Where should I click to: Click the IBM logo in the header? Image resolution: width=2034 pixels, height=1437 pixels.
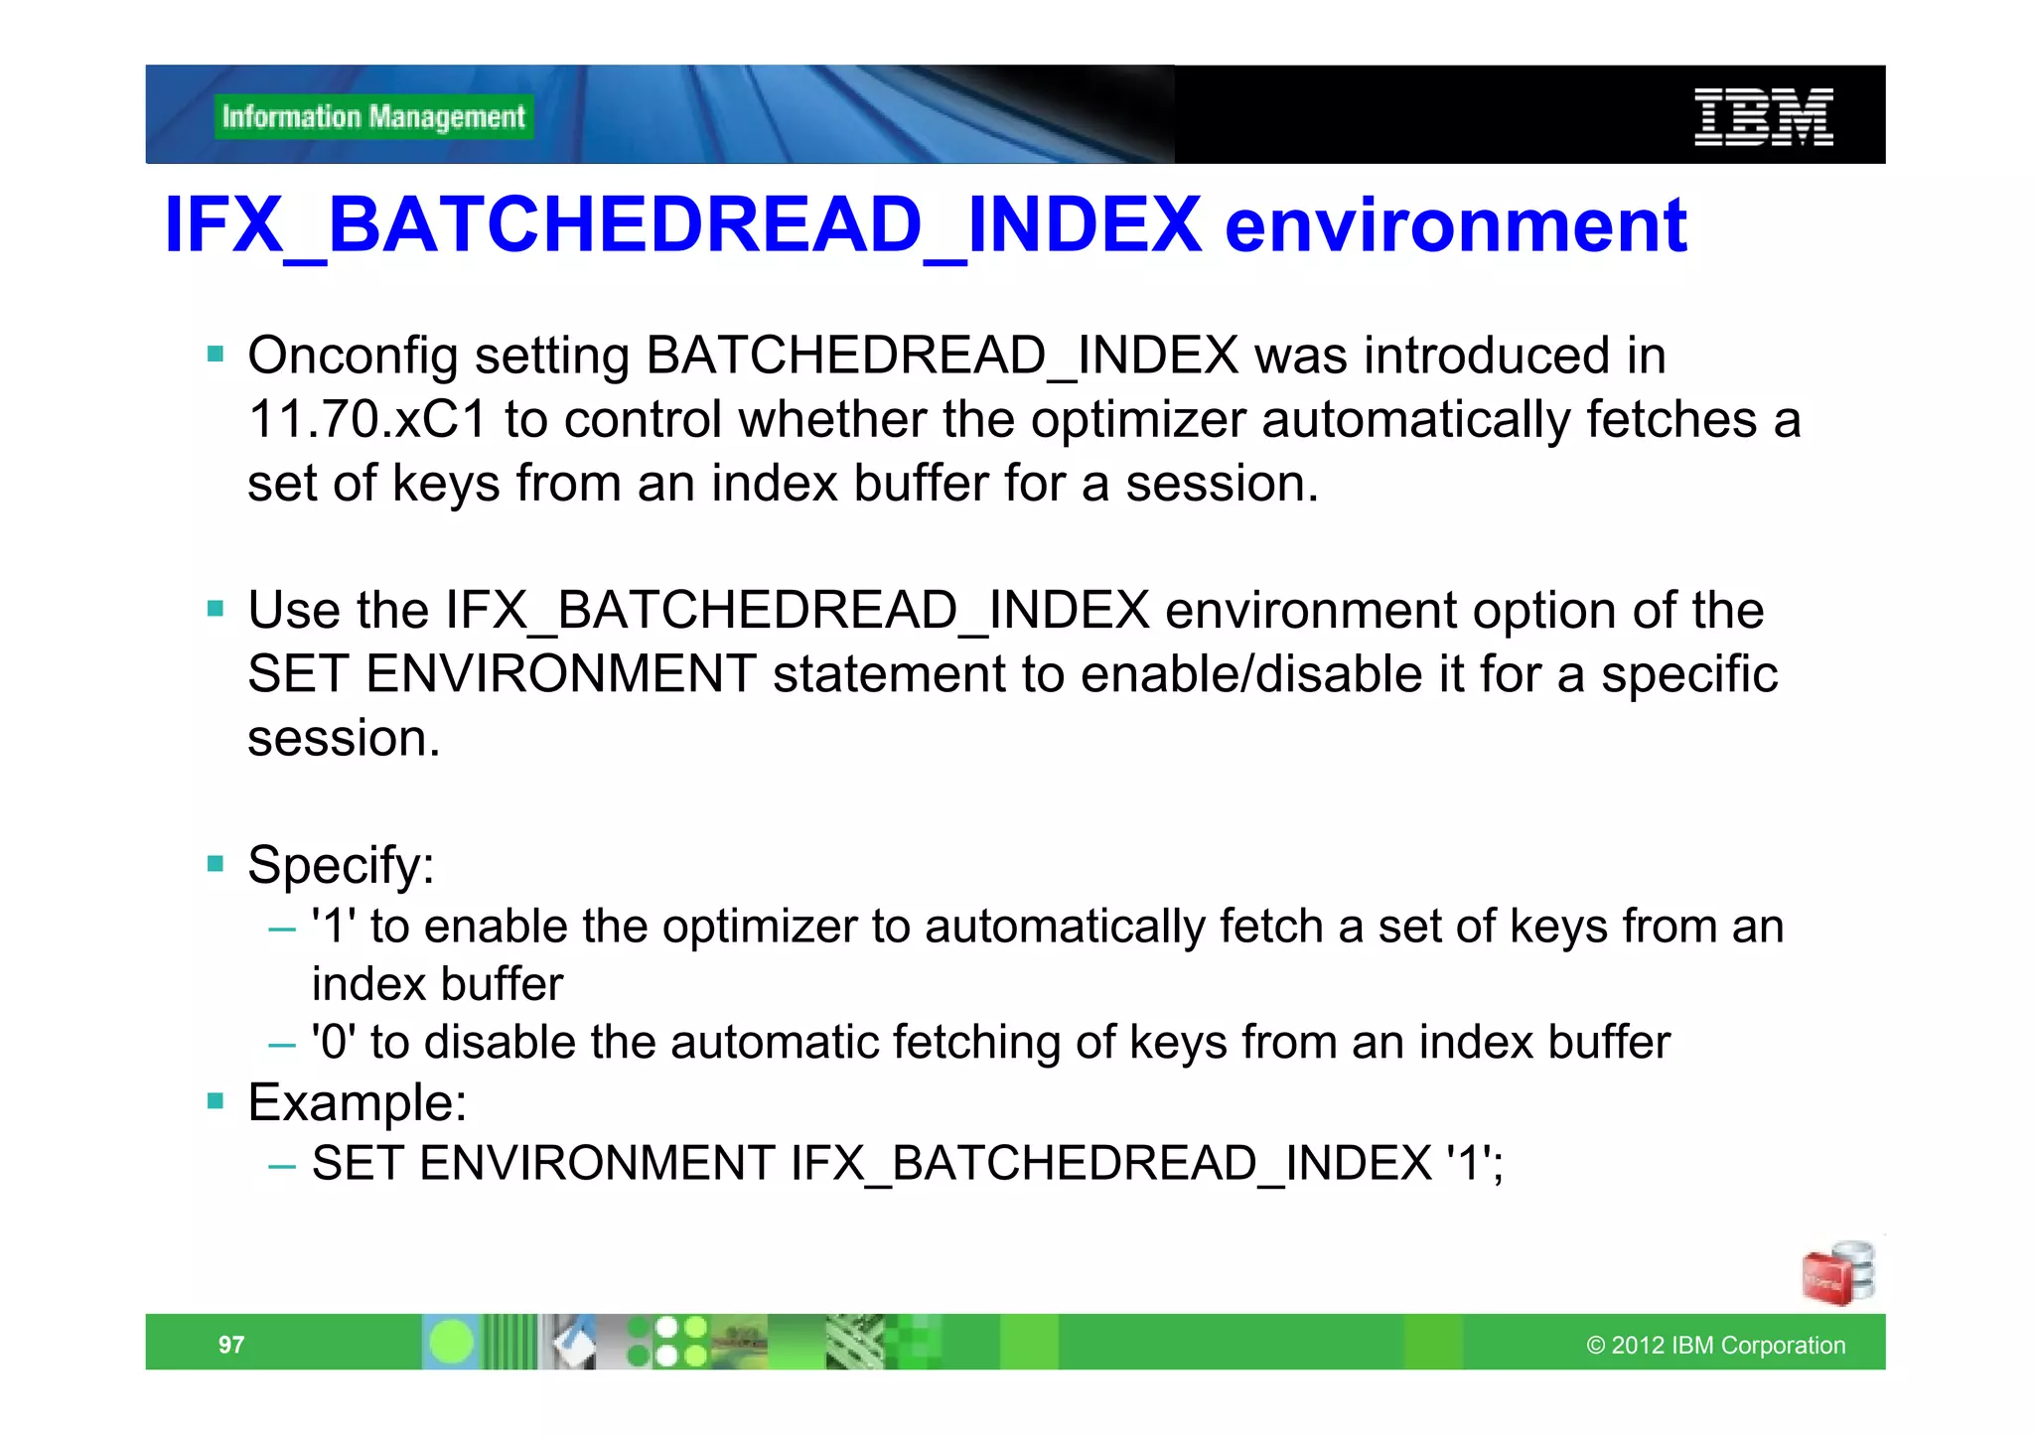(1763, 117)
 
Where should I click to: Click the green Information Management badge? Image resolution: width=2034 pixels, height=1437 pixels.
(373, 117)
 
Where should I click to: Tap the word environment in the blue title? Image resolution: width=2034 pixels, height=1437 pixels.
(1455, 226)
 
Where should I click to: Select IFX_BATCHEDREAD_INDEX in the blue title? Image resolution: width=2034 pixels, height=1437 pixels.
(682, 226)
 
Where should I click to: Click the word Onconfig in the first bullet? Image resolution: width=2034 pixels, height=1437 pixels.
(353, 357)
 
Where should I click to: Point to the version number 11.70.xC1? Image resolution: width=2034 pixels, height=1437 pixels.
(366, 420)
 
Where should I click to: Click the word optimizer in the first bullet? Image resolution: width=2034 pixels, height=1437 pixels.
(1137, 420)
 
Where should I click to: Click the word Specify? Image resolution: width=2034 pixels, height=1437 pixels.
(341, 865)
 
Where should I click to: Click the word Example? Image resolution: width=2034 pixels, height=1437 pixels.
(357, 1102)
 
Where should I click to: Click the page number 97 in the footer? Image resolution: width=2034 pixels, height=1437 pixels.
(230, 1345)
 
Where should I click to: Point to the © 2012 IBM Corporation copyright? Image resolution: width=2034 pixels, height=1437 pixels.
(1715, 1345)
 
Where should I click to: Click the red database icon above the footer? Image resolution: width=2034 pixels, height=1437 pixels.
(1837, 1272)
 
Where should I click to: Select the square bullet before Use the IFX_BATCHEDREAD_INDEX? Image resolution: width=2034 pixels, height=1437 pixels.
(216, 608)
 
